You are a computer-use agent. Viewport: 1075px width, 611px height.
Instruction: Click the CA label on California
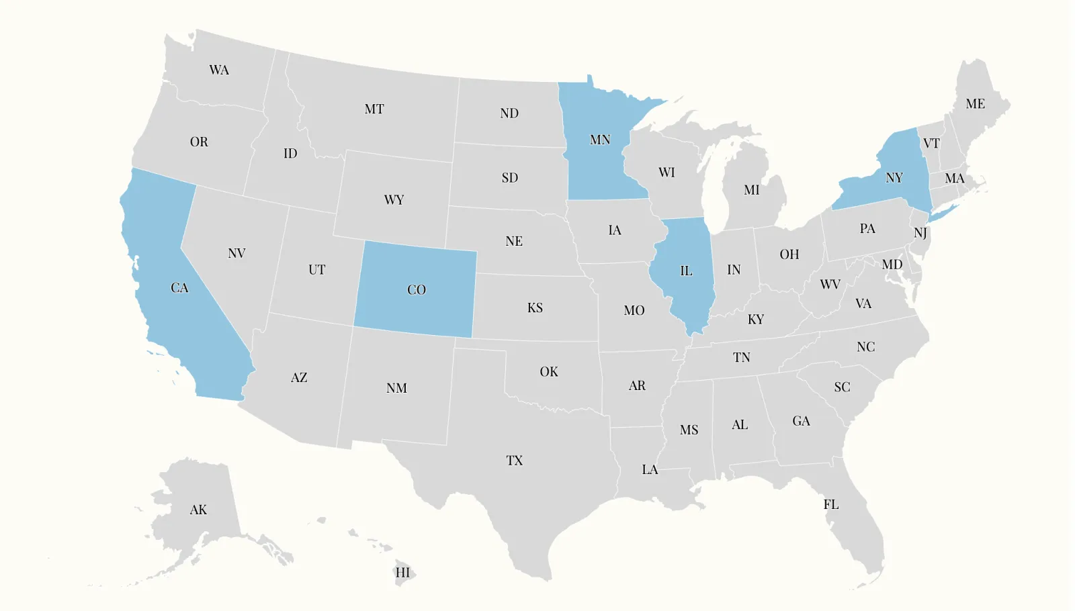pyautogui.click(x=179, y=288)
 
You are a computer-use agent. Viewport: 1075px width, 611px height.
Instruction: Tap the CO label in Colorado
pyautogui.click(x=417, y=290)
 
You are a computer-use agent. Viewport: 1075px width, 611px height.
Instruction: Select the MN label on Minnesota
pyautogui.click(x=600, y=140)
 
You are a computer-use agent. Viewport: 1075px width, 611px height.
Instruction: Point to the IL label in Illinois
pyautogui.click(x=686, y=271)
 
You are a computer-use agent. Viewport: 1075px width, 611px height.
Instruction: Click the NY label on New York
pyautogui.click(x=894, y=178)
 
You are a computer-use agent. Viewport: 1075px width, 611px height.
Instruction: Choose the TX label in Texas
pyautogui.click(x=515, y=461)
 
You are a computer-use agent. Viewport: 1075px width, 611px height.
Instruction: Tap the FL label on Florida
pyautogui.click(x=831, y=504)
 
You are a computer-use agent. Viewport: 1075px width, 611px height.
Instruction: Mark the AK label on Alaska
pyautogui.click(x=198, y=510)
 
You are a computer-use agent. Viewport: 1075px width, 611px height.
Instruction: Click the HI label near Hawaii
pyautogui.click(x=402, y=573)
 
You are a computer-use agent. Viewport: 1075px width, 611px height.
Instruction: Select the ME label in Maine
pyautogui.click(x=976, y=104)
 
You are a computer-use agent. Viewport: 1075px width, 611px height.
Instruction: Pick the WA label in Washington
pyautogui.click(x=219, y=70)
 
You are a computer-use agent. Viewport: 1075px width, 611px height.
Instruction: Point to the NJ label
pyautogui.click(x=920, y=233)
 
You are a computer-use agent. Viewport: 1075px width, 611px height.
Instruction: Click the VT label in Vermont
pyautogui.click(x=931, y=143)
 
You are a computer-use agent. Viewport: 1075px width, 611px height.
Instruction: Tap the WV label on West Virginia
pyautogui.click(x=830, y=285)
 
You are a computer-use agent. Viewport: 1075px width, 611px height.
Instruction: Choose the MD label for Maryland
pyautogui.click(x=892, y=265)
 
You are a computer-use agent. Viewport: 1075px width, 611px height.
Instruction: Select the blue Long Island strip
pyautogui.click(x=943, y=213)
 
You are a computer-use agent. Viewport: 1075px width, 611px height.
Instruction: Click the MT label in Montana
pyautogui.click(x=374, y=109)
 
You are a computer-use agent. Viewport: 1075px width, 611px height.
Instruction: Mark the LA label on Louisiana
pyautogui.click(x=650, y=469)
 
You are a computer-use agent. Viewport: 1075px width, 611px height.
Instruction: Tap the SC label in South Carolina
pyautogui.click(x=843, y=387)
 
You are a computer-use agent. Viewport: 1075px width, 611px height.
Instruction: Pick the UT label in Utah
pyautogui.click(x=317, y=270)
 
